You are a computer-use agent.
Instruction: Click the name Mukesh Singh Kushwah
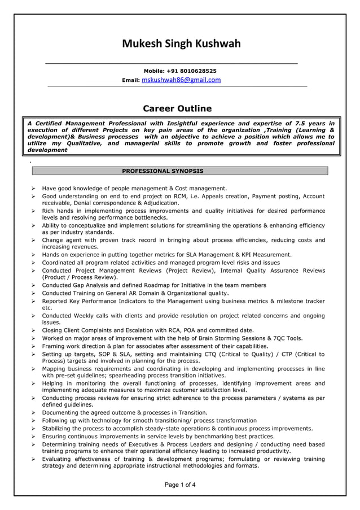(181, 43)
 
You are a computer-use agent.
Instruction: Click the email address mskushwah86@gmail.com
(181, 80)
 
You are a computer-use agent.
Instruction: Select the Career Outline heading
(177, 108)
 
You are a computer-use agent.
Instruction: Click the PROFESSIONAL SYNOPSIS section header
(163, 171)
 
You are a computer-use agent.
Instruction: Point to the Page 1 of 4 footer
(180, 485)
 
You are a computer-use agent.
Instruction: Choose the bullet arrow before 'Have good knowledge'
(34, 188)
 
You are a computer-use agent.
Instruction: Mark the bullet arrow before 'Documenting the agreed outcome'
(34, 412)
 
